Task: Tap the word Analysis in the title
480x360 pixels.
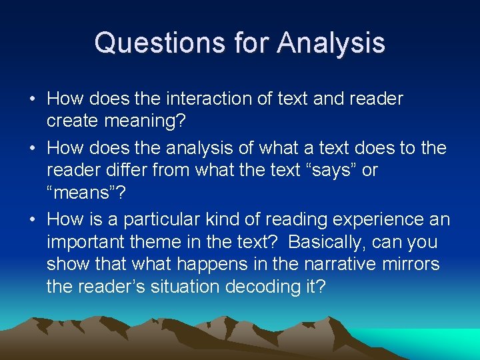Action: (x=331, y=43)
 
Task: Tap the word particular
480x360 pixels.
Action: (x=167, y=219)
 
